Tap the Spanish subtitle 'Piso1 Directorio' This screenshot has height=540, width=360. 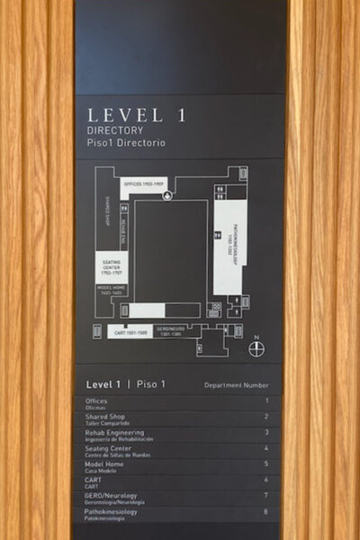[126, 143]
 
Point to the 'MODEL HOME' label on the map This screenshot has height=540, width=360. [112, 292]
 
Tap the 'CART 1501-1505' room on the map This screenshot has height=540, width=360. [130, 332]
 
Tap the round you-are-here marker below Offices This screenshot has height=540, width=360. [166, 195]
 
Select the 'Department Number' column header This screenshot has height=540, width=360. [236, 385]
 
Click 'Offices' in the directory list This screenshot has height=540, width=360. [96, 400]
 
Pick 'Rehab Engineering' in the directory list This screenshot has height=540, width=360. [115, 432]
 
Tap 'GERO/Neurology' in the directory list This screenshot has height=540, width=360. [112, 494]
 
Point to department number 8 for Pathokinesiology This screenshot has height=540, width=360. [266, 511]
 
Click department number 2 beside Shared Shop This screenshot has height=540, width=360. [266, 417]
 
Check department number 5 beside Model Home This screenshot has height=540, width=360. [266, 464]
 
